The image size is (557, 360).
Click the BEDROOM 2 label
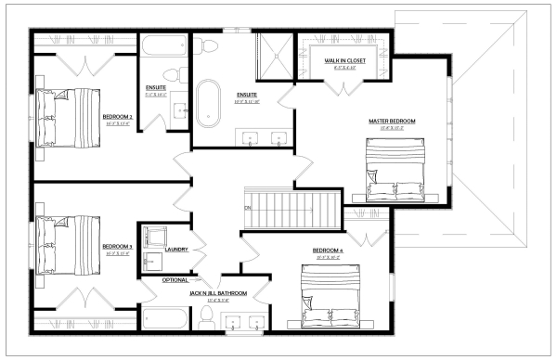(x=118, y=117)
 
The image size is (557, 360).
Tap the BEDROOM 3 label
(x=118, y=246)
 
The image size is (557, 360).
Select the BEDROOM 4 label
(x=328, y=251)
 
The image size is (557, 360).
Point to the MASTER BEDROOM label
(x=392, y=122)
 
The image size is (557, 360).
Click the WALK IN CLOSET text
(x=344, y=61)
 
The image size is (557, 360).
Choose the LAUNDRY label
(x=176, y=250)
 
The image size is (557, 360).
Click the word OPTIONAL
(x=175, y=279)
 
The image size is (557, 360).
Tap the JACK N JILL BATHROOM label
(x=219, y=293)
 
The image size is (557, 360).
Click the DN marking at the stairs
(x=248, y=207)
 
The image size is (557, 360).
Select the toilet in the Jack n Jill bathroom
(x=206, y=319)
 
